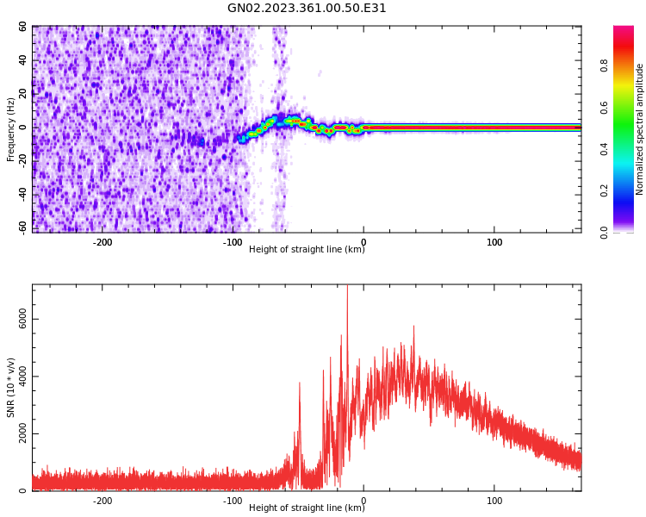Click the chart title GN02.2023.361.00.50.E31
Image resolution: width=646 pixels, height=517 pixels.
[307, 9]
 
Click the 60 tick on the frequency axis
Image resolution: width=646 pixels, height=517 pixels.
[23, 27]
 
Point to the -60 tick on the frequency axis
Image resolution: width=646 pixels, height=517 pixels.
[23, 227]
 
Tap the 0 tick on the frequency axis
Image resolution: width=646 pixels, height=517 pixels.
[23, 127]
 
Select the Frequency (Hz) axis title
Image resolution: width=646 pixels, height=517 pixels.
[11, 129]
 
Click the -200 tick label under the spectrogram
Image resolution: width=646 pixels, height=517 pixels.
[102, 242]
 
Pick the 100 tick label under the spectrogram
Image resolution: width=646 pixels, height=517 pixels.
[494, 242]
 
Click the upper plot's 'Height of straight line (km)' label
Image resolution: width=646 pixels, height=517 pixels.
[307, 250]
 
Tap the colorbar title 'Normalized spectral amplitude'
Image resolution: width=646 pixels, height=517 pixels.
[640, 129]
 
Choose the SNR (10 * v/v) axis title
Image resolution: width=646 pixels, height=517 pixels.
[11, 388]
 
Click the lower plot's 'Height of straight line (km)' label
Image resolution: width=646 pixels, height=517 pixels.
[307, 508]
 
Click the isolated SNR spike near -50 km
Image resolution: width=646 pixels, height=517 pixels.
[300, 384]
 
